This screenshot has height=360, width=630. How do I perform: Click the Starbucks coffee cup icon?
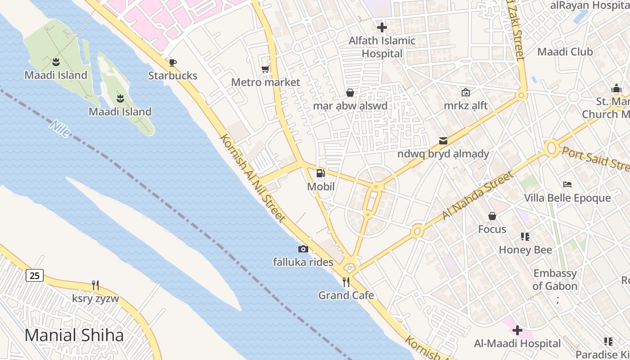pyautogui.click(x=172, y=63)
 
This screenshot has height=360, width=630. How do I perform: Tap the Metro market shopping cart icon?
pyautogui.click(x=265, y=69)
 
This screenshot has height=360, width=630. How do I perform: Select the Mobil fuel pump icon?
pyautogui.click(x=320, y=173)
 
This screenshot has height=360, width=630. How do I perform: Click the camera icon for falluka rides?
pyautogui.click(x=303, y=249)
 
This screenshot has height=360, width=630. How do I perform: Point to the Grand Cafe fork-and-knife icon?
pyautogui.click(x=346, y=282)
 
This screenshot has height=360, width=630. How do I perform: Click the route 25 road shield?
pyautogui.click(x=35, y=275)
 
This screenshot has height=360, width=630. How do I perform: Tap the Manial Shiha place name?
pyautogui.click(x=74, y=335)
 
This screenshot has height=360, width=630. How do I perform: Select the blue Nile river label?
pyautogui.click(x=59, y=128)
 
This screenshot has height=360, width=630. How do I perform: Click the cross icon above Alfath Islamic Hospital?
pyautogui.click(x=382, y=27)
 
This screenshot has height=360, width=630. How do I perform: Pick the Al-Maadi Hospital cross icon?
pyautogui.click(x=517, y=331)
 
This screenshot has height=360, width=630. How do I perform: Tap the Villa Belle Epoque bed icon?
pyautogui.click(x=567, y=184)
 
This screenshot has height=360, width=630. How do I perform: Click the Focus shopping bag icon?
pyautogui.click(x=492, y=216)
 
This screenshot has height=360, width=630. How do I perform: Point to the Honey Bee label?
pyautogui.click(x=525, y=250)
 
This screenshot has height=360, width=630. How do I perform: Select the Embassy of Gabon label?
pyautogui.click(x=555, y=279)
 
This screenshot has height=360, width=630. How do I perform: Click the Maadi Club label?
pyautogui.click(x=565, y=52)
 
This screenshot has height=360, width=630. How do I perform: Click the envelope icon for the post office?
pyautogui.click(x=443, y=140)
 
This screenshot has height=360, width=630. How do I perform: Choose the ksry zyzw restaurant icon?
pyautogui.click(x=95, y=285)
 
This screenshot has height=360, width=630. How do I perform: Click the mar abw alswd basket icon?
pyautogui.click(x=350, y=93)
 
